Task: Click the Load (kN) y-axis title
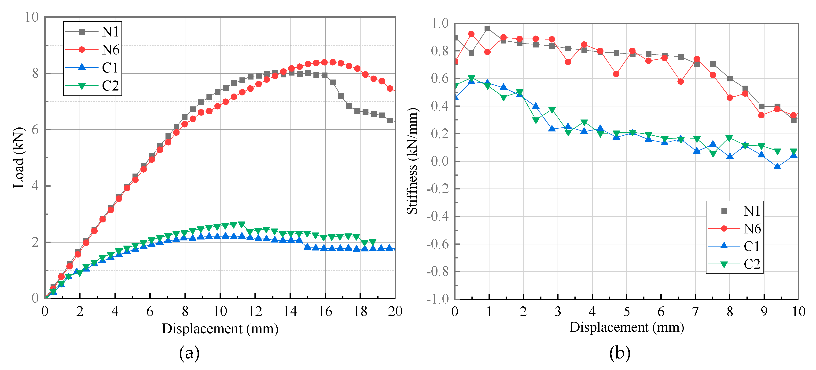(18, 157)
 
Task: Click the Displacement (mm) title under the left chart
(220, 329)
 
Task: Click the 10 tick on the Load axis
(32, 17)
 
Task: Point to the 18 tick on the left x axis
(360, 312)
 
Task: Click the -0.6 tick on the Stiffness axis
(437, 244)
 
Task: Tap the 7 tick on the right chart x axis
(695, 312)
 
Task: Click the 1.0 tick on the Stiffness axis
(440, 23)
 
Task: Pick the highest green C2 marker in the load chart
(241, 224)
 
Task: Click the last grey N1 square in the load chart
(390, 120)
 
